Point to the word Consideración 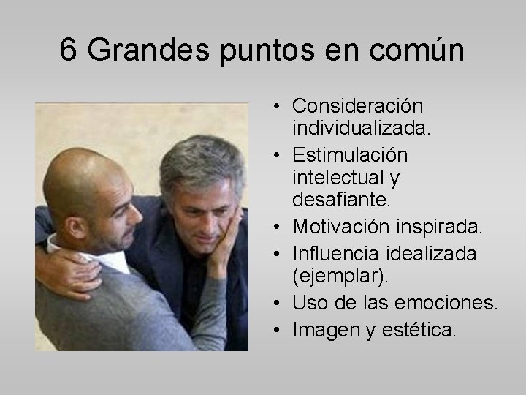point(358,107)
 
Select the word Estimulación point(350,156)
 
